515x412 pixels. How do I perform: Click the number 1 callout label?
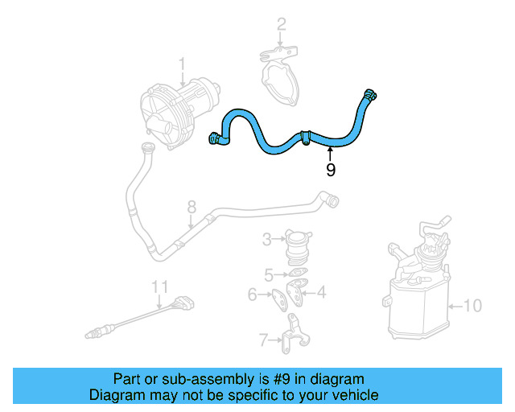coord(182,64)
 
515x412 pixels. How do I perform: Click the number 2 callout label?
coord(281,25)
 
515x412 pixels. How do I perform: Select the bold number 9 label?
coord(330,170)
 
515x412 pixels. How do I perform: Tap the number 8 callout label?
coord(192,208)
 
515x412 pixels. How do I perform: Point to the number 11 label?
coord(160,286)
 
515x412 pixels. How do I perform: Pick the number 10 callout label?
coord(473,306)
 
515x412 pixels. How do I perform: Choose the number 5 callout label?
coord(270,274)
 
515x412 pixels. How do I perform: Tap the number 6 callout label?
coord(252,295)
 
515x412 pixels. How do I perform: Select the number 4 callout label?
coord(321,293)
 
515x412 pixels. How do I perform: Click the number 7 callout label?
coord(263,340)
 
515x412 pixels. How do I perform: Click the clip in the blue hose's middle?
coord(306,137)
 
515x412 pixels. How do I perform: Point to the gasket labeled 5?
coord(296,274)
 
